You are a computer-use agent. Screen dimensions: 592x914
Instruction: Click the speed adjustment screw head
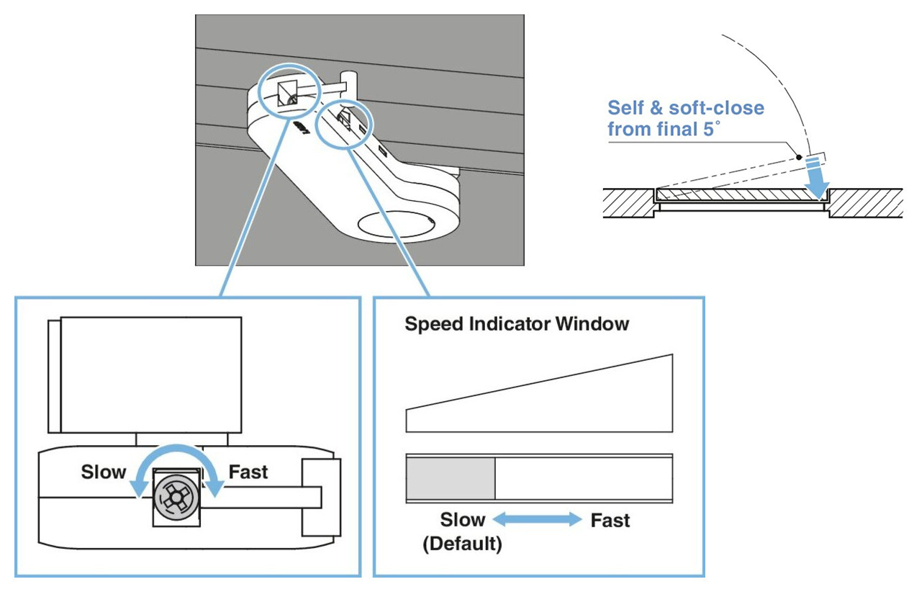click(x=176, y=496)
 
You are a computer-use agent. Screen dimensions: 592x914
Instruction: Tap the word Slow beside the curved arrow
click(x=104, y=472)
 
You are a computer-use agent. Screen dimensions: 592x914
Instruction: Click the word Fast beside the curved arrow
click(x=248, y=472)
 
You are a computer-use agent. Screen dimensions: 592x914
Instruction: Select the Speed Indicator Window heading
click(x=517, y=324)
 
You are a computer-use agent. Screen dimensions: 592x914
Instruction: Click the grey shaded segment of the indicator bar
click(x=451, y=479)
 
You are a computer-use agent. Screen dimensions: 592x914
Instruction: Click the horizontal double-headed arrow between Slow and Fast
click(x=537, y=519)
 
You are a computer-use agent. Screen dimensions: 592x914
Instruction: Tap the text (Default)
click(x=461, y=544)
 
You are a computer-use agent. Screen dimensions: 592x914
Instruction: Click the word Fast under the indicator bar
click(x=610, y=519)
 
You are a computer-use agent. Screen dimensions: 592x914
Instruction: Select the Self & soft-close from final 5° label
click(x=685, y=119)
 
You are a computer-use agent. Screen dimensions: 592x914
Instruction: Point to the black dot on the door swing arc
click(x=798, y=156)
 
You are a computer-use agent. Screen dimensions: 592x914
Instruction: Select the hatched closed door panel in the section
click(x=741, y=194)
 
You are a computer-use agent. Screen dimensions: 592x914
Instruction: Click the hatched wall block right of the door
click(x=867, y=204)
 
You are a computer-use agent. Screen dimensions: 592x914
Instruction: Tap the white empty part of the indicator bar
click(x=583, y=479)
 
